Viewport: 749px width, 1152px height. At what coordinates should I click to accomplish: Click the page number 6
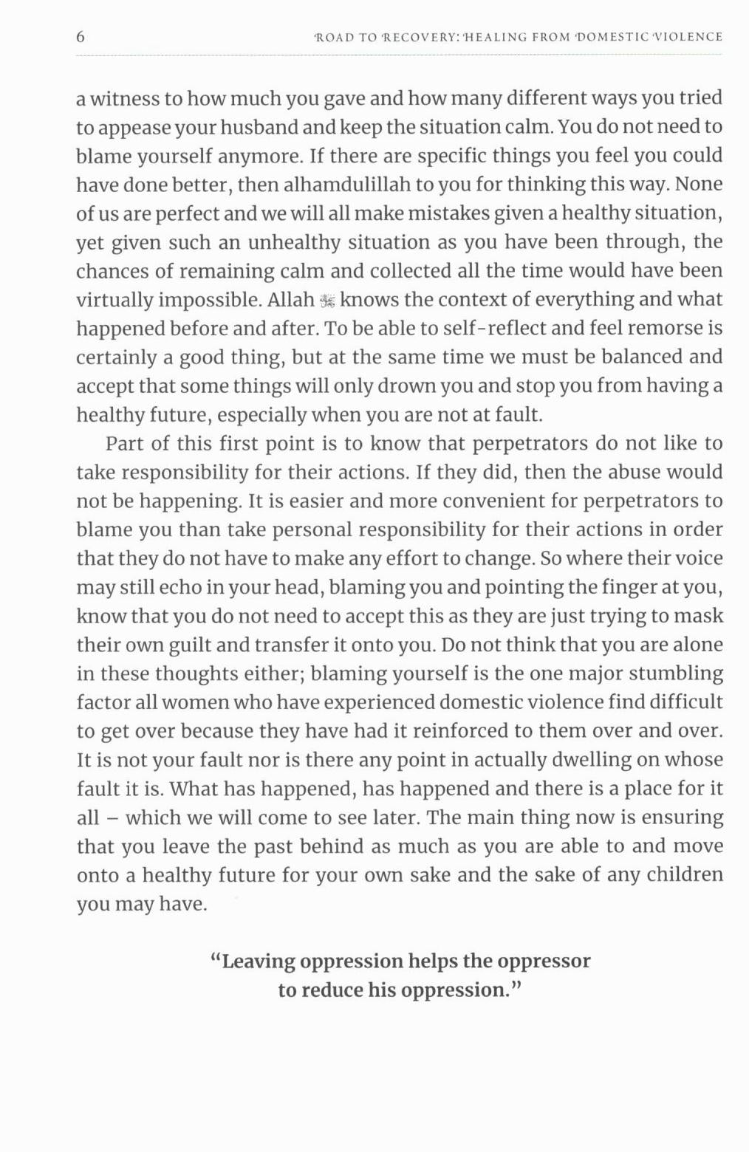pos(81,37)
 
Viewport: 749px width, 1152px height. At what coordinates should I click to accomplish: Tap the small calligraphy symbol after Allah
pos(327,301)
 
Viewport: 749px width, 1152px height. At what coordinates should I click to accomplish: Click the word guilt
pos(190,645)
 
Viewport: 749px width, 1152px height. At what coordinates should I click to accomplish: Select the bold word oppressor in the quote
pos(544,961)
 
